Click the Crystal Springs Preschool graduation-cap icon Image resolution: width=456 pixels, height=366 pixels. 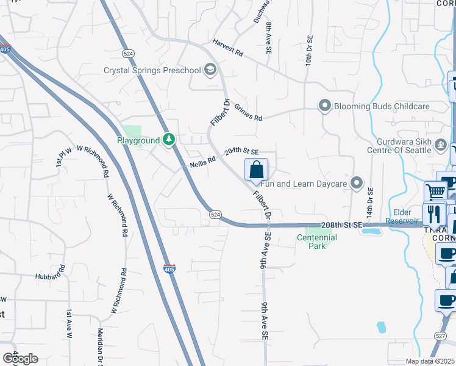[210, 70]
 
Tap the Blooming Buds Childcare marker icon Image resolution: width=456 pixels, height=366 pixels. [325, 106]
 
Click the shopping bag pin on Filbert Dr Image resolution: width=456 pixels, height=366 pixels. [257, 170]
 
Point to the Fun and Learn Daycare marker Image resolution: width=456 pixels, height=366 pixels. [357, 182]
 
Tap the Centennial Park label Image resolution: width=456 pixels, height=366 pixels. [316, 242]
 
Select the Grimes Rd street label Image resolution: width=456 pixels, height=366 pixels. [248, 112]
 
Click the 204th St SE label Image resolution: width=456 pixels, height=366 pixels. [241, 151]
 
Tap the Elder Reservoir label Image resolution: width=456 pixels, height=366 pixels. [402, 217]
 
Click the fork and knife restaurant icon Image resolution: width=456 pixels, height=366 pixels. [434, 213]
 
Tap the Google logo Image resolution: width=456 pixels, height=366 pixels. [20, 359]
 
